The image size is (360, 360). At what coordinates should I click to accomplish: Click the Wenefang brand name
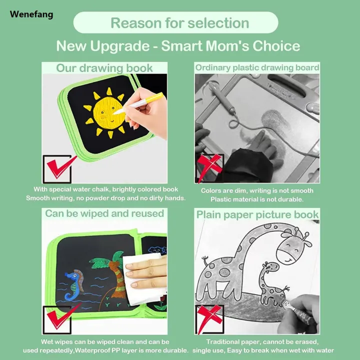point(31,14)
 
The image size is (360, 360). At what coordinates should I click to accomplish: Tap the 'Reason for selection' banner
point(179,23)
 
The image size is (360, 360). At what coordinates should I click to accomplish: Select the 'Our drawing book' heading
point(104,68)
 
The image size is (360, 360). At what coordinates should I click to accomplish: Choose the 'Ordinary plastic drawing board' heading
point(257,67)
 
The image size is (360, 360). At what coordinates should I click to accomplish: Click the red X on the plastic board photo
point(209,167)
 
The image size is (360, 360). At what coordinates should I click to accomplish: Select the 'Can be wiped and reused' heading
point(104,213)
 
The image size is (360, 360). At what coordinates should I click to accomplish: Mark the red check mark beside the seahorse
point(60,318)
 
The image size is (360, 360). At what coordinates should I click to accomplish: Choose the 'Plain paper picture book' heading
point(257,214)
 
